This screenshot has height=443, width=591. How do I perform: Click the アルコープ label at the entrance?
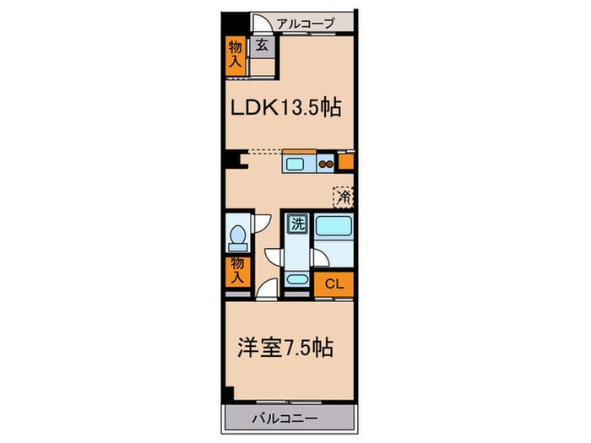pyautogui.click(x=306, y=24)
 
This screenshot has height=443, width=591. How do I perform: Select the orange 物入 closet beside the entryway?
pyautogui.click(x=235, y=56)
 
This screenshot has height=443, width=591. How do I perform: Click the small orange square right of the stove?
pyautogui.click(x=345, y=160)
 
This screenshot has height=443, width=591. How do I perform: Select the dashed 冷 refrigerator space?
pyautogui.click(x=344, y=197)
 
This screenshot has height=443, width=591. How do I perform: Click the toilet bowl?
pyautogui.click(x=237, y=240)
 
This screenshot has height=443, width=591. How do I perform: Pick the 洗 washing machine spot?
pyautogui.click(x=297, y=224)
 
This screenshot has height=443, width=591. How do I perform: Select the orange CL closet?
pyautogui.click(x=333, y=284)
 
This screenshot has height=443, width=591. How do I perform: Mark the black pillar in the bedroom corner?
pyautogui.click(x=229, y=393)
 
